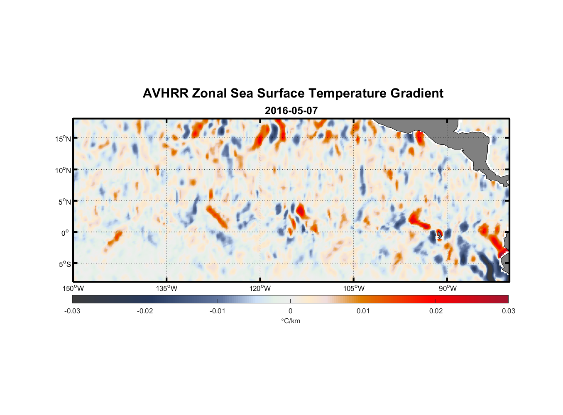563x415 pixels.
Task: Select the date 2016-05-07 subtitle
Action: click(291, 111)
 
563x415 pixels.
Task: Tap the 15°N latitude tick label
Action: click(63, 139)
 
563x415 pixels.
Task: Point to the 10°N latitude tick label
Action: click(63, 170)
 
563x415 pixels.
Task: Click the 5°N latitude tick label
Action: click(64, 202)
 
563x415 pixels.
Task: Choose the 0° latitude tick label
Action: click(66, 233)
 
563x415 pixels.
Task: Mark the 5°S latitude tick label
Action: click(64, 264)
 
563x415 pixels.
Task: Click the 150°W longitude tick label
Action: click(73, 288)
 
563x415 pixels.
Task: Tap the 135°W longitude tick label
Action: click(167, 288)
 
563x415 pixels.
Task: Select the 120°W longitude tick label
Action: click(260, 288)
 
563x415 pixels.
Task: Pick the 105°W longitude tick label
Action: click(354, 288)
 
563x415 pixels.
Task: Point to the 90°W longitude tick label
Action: click(447, 288)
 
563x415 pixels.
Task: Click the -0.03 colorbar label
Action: click(72, 311)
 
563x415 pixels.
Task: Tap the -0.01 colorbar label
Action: click(218, 311)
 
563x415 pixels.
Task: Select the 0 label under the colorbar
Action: click(290, 311)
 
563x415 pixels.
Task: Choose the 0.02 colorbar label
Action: click(436, 311)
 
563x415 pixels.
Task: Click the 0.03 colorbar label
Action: click(508, 311)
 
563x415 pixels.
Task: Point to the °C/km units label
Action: click(291, 321)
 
